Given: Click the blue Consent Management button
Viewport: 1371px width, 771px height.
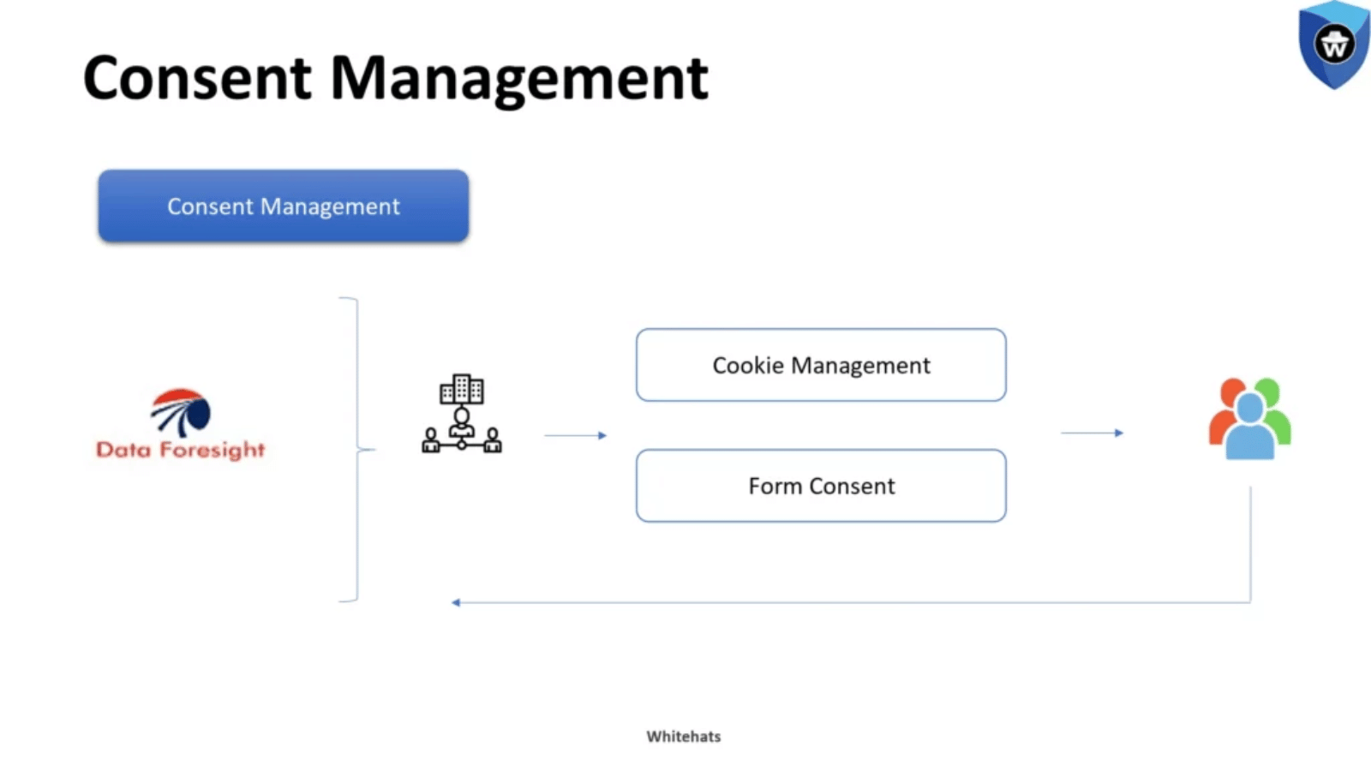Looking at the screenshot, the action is click(284, 206).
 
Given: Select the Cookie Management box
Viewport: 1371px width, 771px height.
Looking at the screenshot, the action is click(821, 365).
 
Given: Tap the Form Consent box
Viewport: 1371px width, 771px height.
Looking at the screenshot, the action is click(821, 486).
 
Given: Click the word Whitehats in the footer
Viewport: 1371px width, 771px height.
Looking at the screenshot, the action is click(684, 737).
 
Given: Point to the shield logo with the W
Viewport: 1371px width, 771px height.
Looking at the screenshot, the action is click(1334, 45).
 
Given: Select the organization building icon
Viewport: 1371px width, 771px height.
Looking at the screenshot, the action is click(462, 414).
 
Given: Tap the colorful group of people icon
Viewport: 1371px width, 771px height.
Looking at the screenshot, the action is click(1250, 419).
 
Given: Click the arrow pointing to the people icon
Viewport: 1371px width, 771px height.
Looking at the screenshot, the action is click(1093, 433).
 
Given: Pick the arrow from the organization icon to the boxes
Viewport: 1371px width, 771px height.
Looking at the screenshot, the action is click(575, 436).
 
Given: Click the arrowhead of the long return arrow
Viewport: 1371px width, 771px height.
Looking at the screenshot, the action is click(455, 603).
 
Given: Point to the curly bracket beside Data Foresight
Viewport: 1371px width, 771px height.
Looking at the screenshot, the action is click(357, 450).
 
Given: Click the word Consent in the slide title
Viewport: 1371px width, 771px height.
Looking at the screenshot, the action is click(197, 78).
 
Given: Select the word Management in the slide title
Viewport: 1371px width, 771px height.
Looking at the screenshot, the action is click(519, 81).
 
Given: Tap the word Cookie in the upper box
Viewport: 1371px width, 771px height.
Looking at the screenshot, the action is click(748, 365).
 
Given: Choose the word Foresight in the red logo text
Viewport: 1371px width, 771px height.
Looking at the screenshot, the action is click(213, 451).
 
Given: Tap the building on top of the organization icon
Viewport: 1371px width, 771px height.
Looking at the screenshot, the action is click(462, 389).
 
